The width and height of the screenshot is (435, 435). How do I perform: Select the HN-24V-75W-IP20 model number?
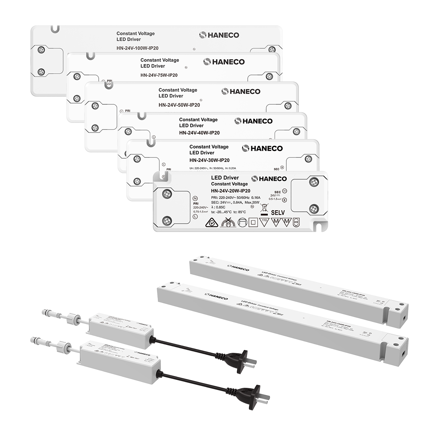159,75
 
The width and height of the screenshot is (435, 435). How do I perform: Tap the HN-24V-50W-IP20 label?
179,105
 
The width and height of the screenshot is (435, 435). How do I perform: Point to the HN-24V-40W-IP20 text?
199,133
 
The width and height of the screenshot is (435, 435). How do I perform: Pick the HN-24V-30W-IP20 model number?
209,160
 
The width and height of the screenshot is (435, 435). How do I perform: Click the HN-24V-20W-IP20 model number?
230,191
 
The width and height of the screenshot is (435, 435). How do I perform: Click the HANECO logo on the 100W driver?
219,35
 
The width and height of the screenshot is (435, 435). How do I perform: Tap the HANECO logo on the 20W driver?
269,179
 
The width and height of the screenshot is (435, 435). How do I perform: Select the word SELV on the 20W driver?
278,212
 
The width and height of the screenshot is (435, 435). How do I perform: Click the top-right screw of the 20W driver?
314,182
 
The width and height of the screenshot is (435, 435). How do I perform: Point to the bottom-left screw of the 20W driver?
167,220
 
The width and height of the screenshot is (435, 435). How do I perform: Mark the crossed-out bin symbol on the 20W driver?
264,210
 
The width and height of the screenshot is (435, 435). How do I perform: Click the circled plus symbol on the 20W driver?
284,200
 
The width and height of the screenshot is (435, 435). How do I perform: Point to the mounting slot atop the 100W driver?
55,29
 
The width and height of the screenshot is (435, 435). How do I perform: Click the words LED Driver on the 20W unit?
225,178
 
